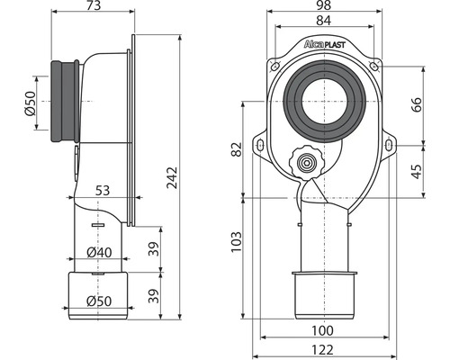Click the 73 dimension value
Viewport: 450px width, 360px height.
click(94, 5)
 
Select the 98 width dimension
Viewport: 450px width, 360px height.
click(324, 5)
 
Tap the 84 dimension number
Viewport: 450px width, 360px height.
click(324, 21)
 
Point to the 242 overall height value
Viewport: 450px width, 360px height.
click(172, 177)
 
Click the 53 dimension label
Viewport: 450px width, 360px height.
click(103, 191)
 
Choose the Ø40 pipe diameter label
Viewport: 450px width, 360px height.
click(99, 252)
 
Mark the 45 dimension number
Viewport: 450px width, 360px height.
click(416, 172)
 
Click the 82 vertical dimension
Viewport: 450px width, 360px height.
click(237, 149)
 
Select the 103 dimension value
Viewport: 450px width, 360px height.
click(237, 241)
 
